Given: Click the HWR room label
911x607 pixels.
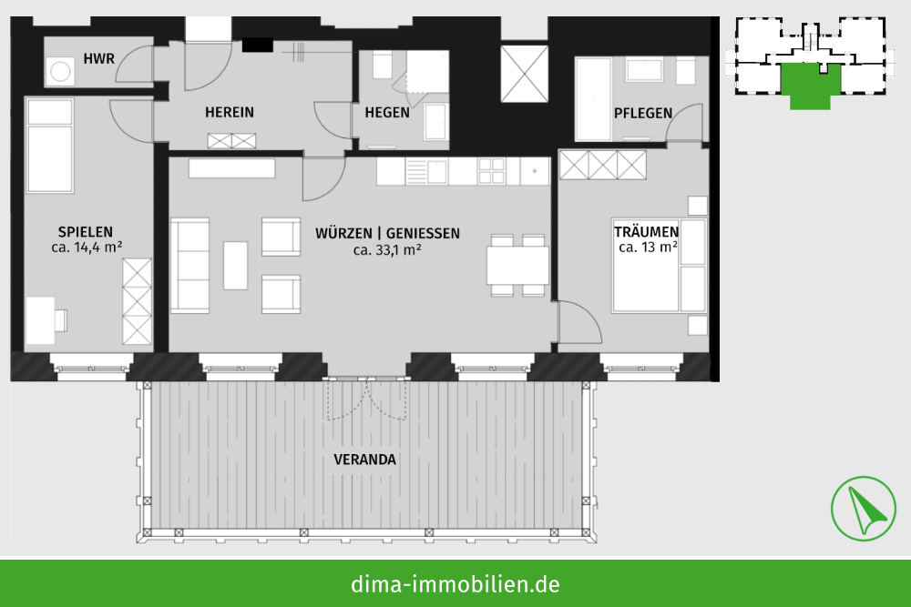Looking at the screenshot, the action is [98, 58].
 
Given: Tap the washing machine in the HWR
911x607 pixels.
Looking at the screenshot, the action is [60, 71].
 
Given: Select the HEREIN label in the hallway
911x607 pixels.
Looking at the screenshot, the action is [230, 112].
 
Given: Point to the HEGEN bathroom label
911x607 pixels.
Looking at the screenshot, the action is [387, 113].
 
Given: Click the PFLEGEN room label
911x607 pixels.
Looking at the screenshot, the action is [643, 113].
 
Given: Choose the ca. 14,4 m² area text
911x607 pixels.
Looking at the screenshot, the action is [87, 248].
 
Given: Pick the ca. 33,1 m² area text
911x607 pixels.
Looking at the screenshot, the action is [387, 249].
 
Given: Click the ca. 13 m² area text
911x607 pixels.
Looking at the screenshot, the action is [648, 248].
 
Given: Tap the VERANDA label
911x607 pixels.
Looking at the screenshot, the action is [365, 460].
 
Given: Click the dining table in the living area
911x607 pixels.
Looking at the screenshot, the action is [517, 265].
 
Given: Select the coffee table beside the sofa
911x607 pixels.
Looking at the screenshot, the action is [235, 265].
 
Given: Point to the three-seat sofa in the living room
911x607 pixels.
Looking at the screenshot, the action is [190, 266].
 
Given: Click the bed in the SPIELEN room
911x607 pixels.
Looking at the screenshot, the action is [50, 145].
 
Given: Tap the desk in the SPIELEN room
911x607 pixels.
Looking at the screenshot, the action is [41, 320].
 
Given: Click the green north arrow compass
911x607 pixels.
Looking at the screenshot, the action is [863, 509].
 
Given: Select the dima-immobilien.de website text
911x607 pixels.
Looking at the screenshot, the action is [455, 583].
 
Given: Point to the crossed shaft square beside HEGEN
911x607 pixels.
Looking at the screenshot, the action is [525, 75].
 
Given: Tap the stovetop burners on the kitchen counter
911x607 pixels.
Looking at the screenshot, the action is [492, 171].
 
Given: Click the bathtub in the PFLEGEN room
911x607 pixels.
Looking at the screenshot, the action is [593, 98].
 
